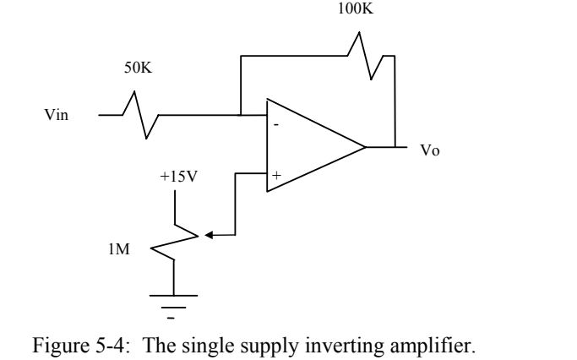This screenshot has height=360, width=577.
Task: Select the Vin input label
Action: pyautogui.click(x=57, y=114)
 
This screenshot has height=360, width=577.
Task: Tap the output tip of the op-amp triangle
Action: pyautogui.click(x=365, y=147)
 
